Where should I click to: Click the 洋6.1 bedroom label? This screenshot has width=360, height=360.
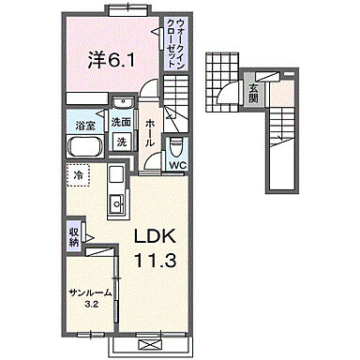coord(111,60)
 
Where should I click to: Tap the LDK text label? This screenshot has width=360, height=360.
coord(155,236)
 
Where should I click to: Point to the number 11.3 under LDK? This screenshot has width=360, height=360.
coord(155,260)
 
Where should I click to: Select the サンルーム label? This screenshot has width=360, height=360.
coord(90,292)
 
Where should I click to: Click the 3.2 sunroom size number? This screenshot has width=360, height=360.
coord(92,304)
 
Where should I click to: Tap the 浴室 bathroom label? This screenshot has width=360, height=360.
coord(85,126)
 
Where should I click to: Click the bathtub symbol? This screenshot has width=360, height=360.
coord(85,147)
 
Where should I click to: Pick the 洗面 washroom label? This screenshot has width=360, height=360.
coord(121,123)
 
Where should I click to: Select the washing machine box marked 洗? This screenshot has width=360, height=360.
coord(122,142)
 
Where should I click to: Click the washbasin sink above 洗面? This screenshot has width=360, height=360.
coord(123,102)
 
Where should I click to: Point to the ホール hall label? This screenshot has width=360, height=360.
coord(149,133)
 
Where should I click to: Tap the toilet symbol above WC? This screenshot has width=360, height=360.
coord(175,147)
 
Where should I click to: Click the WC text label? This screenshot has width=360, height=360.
coord(178,165)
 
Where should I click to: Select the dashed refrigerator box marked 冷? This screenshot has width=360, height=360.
coord(78,175)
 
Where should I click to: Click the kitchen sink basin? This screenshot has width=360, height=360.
coord(117,204)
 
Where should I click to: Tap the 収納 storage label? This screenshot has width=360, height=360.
coord(73,236)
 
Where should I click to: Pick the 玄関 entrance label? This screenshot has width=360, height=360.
coord(253,94)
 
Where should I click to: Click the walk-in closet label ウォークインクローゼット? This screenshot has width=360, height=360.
coord(175,44)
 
